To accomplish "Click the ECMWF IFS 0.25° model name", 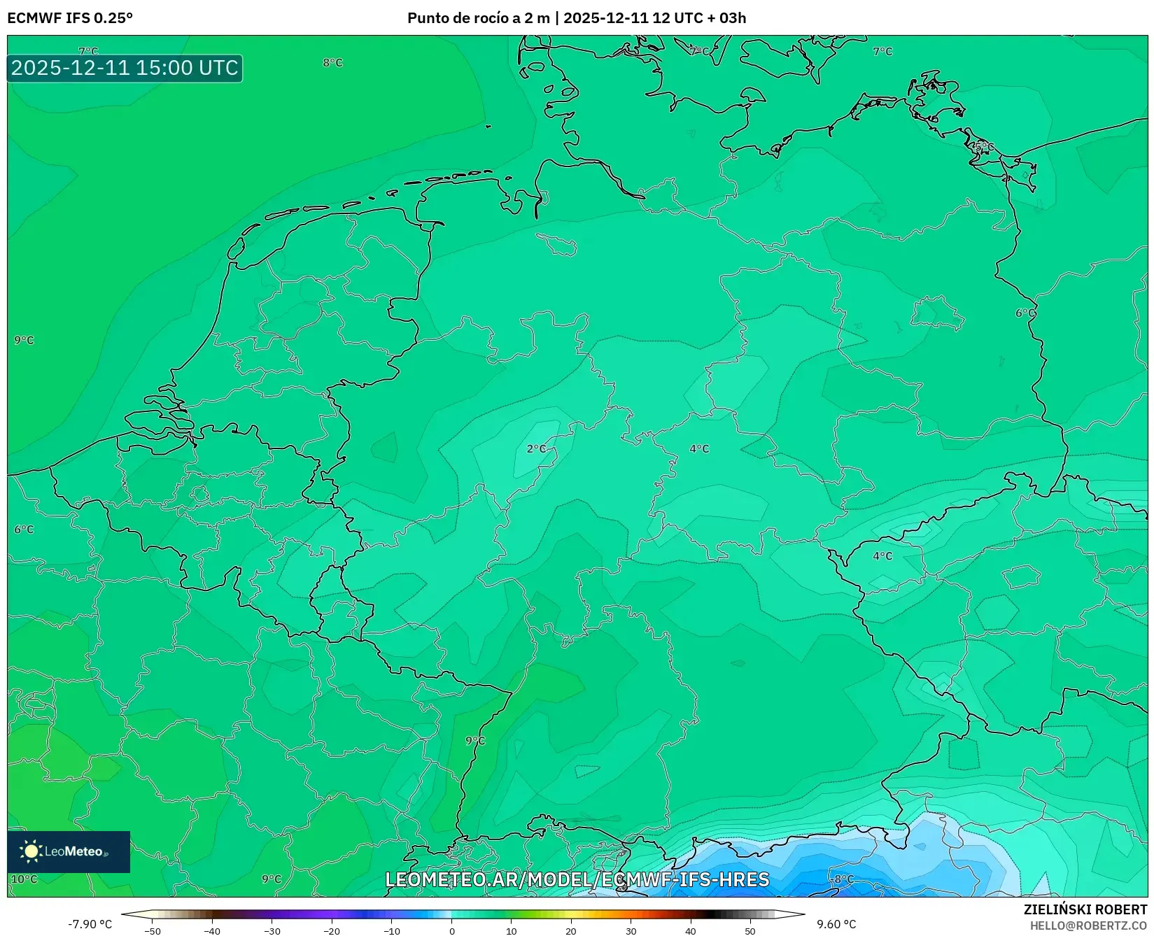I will (x=70, y=18).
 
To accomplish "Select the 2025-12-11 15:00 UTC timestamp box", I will (x=125, y=68).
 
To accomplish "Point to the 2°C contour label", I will (x=537, y=448).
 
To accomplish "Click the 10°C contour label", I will (x=24, y=879).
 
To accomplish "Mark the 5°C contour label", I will (x=983, y=146).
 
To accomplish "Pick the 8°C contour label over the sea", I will (x=332, y=62).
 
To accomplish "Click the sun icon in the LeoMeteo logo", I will (x=31, y=851).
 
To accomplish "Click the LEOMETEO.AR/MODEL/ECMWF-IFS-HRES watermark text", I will (x=577, y=879).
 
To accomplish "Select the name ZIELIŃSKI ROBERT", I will (x=1085, y=909).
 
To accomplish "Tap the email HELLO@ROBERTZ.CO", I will (x=1088, y=926).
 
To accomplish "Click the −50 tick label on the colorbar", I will (x=152, y=930).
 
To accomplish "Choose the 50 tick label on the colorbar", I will (x=750, y=930).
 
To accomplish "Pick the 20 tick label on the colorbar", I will (x=571, y=930).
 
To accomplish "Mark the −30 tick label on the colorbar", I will (x=272, y=930).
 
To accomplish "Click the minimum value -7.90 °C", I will (x=90, y=924).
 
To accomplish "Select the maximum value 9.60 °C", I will (x=836, y=924).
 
